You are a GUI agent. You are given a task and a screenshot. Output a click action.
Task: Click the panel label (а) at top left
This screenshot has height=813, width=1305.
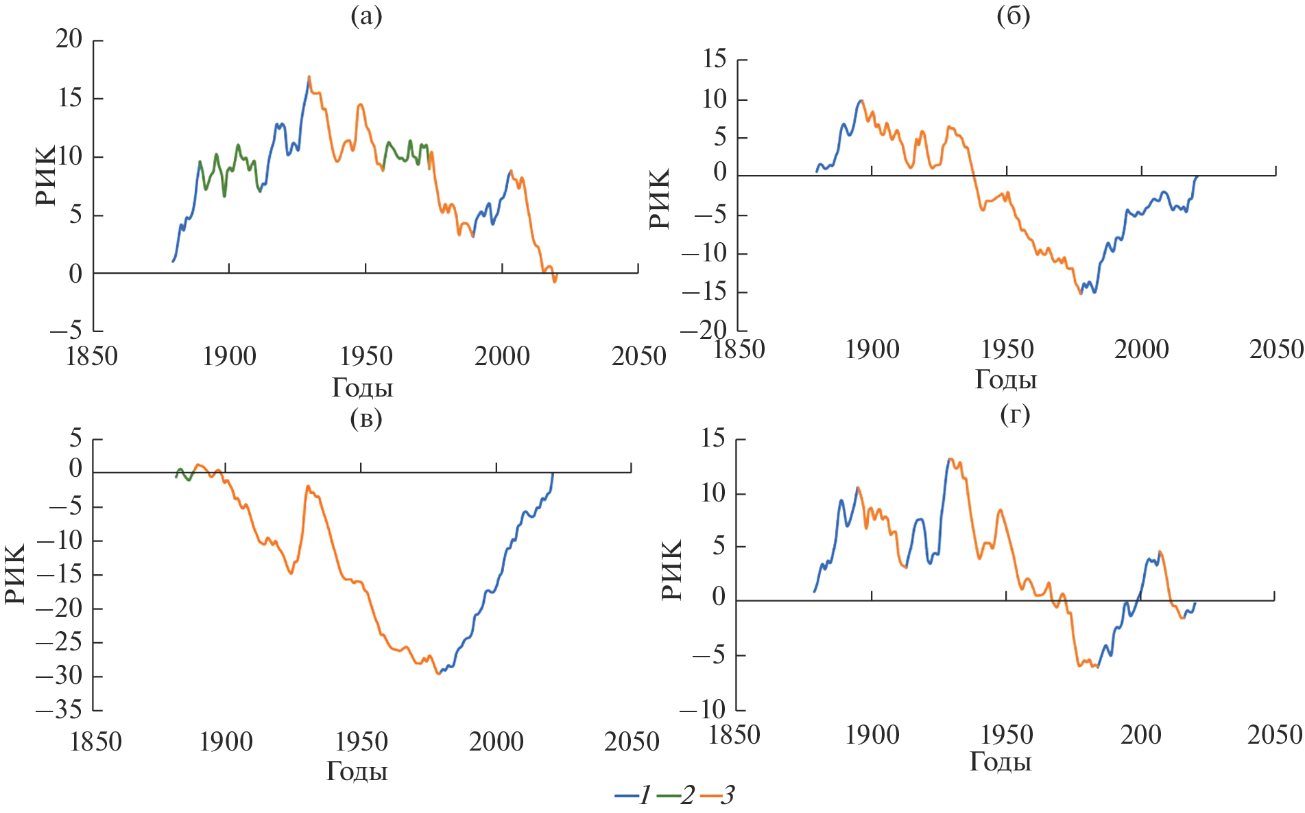click(x=366, y=16)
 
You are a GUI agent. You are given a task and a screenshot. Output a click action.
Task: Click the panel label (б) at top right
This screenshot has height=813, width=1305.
click(x=1013, y=16)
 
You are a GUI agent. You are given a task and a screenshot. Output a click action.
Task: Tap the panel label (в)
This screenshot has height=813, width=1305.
click(x=366, y=418)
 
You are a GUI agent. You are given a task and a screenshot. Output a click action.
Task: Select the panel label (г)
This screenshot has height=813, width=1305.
click(x=1015, y=414)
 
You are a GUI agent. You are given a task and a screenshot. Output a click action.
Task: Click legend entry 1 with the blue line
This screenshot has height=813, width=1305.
click(x=634, y=795)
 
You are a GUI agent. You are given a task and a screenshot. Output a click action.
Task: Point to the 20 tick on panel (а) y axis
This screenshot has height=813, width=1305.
click(x=69, y=40)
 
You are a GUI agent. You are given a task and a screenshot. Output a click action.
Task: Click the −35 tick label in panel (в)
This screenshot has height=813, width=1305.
click(x=59, y=709)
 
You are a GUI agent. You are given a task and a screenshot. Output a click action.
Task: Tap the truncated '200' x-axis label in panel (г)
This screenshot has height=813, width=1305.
click(x=1140, y=735)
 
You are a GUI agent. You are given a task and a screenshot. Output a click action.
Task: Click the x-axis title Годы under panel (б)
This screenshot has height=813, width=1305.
click(x=1006, y=379)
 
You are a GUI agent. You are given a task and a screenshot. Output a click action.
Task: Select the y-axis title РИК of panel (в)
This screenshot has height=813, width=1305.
click(x=15, y=574)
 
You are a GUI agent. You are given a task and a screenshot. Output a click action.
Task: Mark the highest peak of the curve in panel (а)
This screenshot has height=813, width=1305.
click(x=309, y=77)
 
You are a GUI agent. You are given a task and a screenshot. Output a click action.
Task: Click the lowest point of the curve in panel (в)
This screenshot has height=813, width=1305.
click(x=438, y=674)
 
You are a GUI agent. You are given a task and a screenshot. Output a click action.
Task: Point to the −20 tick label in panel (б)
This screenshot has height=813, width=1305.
click(x=703, y=331)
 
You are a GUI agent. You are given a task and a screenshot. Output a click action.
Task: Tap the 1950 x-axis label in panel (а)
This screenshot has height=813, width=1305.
click(x=366, y=357)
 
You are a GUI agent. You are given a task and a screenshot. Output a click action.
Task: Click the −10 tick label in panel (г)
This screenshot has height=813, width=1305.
click(x=702, y=709)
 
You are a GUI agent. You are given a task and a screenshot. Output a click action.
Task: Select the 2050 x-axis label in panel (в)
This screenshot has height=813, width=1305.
click(x=631, y=742)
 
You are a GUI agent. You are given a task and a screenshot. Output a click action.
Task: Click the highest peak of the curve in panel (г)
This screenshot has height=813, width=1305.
click(x=950, y=458)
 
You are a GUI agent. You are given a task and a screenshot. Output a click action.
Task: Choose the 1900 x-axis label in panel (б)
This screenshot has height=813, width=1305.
click(x=872, y=350)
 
